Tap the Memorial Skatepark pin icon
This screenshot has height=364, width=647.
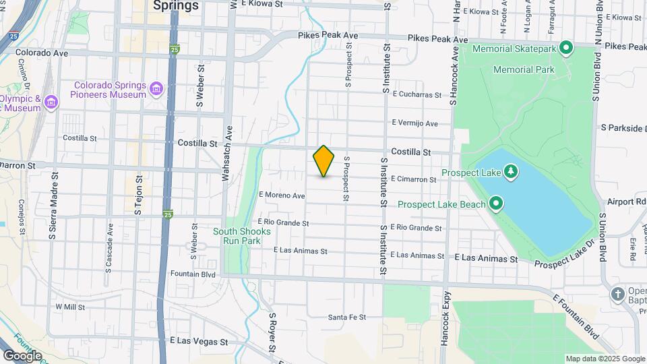pos(566,48)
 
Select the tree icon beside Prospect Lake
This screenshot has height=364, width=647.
pos(512,172)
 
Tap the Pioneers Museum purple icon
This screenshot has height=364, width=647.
pos(156,89)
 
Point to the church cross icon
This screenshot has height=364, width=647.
pos(617,294)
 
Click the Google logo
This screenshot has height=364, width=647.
pos(22,355)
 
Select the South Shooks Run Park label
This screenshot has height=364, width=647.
pos(242,236)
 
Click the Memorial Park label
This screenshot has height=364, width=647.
pos(524,69)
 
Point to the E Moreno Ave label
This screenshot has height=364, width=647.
pos(282,195)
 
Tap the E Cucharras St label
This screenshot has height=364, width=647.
pos(417,94)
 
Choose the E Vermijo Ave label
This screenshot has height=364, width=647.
pos(415,123)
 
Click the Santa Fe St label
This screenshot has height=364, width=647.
pos(346,317)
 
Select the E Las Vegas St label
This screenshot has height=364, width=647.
pos(199,342)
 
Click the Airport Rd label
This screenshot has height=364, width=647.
pos(626,202)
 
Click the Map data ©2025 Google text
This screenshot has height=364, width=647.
pos(605,359)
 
